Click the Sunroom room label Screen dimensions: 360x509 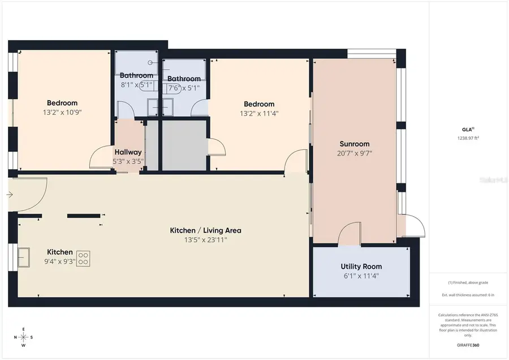(x=355, y=143)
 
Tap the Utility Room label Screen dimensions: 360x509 (x=361, y=267)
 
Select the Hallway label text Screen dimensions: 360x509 (x=128, y=152)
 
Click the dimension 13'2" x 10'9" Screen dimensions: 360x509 (x=62, y=112)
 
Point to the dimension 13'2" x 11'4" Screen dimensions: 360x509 (x=259, y=113)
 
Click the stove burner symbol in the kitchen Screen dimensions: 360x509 (x=84, y=259)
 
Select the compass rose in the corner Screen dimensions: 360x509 (x=23, y=337)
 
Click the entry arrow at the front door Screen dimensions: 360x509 (x=10, y=195)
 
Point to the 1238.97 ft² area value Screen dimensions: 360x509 (x=468, y=138)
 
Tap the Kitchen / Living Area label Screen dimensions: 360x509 (x=206, y=230)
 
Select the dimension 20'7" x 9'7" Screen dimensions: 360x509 (x=355, y=153)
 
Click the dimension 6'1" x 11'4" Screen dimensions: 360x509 (x=361, y=276)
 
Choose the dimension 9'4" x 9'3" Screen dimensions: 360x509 (x=59, y=262)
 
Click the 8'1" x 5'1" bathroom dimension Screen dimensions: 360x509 (x=136, y=85)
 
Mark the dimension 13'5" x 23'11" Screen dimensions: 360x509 (x=206, y=240)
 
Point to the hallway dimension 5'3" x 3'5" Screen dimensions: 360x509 (x=128, y=161)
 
